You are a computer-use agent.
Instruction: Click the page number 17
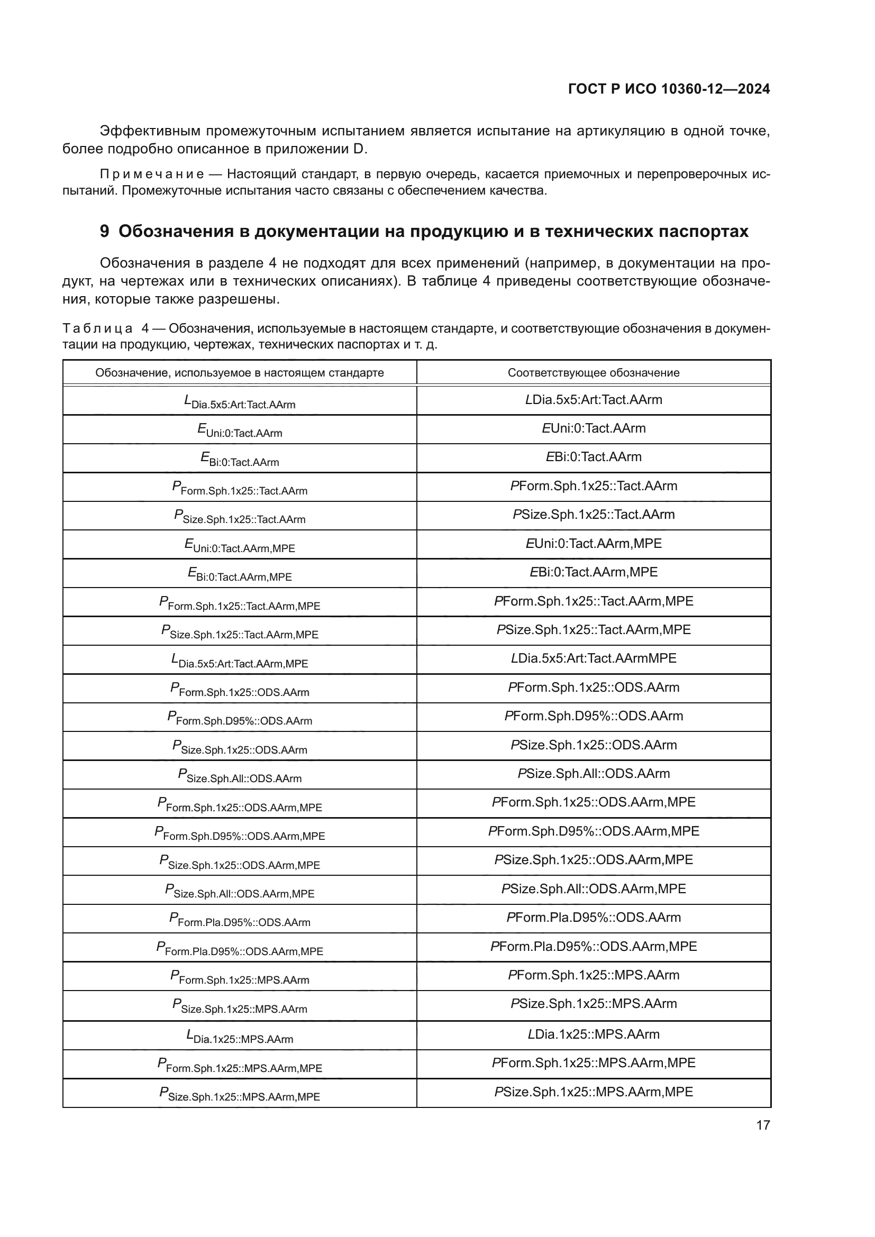click(763, 1125)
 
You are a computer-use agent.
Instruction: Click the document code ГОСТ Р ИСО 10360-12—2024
click(669, 89)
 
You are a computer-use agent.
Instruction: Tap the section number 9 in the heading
click(105, 231)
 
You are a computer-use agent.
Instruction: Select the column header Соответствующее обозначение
click(593, 373)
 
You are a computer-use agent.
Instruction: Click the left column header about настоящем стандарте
click(239, 373)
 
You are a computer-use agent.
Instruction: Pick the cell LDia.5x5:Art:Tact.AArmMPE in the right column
click(593, 658)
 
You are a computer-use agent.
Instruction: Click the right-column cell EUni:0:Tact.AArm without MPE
click(593, 428)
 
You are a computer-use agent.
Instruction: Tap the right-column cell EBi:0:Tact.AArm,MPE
click(593, 572)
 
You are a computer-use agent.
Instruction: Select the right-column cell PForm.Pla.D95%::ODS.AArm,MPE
click(593, 947)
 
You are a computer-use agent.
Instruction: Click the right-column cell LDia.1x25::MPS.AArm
click(593, 1034)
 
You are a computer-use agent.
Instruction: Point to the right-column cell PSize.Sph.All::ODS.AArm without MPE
click(593, 774)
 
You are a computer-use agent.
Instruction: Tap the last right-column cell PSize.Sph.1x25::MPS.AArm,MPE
click(593, 1092)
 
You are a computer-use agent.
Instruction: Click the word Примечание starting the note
click(152, 174)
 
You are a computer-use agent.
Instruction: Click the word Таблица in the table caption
click(97, 328)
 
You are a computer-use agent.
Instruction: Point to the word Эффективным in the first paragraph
click(150, 131)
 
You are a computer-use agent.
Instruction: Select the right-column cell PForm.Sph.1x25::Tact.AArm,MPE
click(593, 601)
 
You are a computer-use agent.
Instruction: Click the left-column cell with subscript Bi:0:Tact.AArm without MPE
click(239, 460)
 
